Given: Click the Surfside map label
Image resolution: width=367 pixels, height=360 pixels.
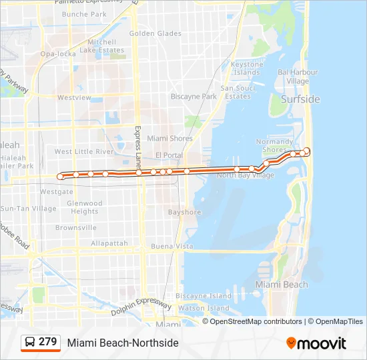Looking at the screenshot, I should [300, 99].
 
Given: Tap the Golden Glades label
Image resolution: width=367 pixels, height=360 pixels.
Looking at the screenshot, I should [155, 33].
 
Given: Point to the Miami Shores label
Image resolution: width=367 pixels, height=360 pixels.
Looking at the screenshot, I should [169, 139].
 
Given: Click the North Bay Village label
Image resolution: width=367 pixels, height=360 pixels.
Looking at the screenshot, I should [245, 175].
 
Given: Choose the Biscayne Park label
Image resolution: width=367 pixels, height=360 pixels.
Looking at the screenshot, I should [194, 96].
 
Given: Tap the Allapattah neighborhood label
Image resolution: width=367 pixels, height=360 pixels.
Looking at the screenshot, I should [109, 243].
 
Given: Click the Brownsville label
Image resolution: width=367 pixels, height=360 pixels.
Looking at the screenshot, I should [76, 227].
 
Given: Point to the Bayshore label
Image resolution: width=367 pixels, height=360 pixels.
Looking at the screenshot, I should [184, 213].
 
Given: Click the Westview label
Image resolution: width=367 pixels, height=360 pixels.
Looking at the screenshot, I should [74, 97].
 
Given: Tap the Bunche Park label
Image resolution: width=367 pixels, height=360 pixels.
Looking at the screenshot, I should [83, 14].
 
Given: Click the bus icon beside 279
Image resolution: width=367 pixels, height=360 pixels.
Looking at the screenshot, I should [30, 343].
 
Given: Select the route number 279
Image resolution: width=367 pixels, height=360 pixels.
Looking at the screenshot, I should [48, 342].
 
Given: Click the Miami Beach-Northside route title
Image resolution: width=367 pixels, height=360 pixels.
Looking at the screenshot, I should [123, 343].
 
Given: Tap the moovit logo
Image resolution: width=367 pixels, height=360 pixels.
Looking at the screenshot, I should [316, 343].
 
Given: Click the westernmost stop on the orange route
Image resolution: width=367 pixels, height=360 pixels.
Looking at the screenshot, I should [61, 177].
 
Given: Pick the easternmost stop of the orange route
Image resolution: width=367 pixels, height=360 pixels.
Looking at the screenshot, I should [307, 151].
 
